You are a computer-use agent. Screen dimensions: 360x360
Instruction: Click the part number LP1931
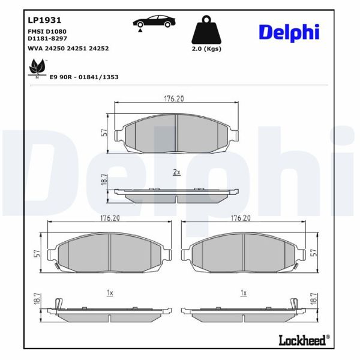point(44,20)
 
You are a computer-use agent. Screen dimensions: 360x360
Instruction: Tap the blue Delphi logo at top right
point(289,32)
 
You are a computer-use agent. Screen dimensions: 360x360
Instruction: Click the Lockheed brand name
point(302,340)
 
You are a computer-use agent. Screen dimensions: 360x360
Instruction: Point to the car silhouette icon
point(154,21)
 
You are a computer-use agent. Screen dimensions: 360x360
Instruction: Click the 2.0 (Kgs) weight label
point(206,49)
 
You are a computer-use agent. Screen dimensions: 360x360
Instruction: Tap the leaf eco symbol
point(37,67)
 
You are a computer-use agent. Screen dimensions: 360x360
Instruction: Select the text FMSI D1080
point(47,31)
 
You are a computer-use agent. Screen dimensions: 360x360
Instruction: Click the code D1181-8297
point(47,38)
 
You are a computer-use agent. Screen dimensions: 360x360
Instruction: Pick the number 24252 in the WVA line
point(99,49)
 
